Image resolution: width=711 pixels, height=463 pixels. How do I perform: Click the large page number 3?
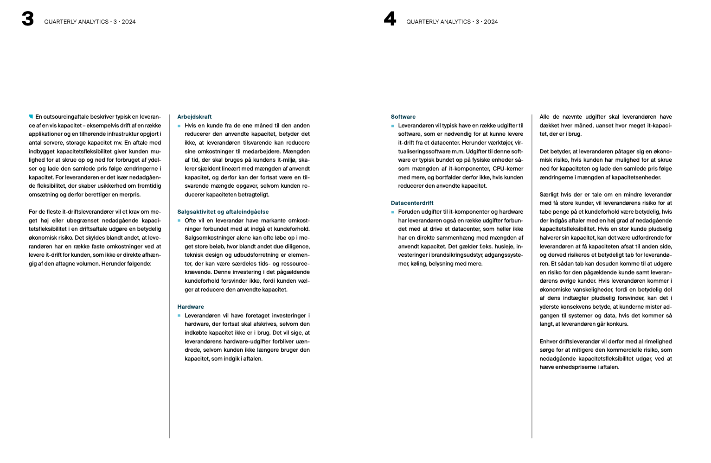point(28,19)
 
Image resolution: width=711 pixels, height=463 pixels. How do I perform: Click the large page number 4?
point(390,19)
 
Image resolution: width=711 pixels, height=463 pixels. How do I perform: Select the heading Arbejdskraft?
point(194,117)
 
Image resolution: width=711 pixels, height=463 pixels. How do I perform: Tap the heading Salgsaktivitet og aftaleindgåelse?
point(223,212)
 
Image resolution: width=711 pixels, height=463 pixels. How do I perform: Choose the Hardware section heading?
point(190,307)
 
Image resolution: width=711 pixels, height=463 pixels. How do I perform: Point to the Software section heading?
point(403,117)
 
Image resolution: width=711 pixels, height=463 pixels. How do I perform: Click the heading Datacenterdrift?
point(412,203)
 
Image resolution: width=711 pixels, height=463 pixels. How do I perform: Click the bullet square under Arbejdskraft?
point(179,126)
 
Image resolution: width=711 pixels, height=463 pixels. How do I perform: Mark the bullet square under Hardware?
point(179,316)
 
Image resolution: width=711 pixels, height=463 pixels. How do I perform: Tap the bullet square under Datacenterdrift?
point(392,212)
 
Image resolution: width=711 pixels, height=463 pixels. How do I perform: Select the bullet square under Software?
point(392,126)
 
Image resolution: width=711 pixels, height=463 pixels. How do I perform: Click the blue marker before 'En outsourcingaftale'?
point(31,116)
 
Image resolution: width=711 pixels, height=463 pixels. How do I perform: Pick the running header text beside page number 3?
point(90,22)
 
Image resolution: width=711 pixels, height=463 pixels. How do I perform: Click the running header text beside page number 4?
point(452,22)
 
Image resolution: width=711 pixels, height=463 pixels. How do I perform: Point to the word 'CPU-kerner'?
point(508,169)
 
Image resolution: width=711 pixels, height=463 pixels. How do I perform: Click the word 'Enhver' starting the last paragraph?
point(549,342)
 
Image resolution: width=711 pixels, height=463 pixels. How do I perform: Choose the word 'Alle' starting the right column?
point(544,117)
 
